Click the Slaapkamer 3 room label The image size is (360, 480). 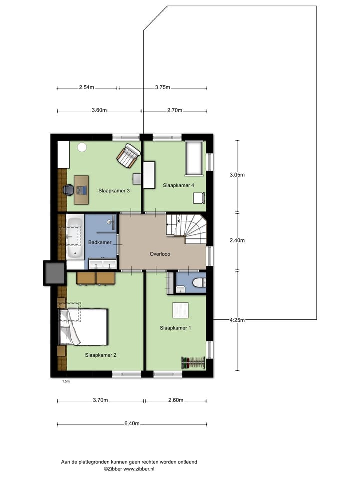[114, 190]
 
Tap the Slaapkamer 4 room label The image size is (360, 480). [178, 185]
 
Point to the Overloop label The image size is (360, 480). [160, 254]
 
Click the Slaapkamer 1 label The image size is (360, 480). [175, 328]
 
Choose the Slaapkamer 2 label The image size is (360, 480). [100, 355]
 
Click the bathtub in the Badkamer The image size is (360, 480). [75, 237]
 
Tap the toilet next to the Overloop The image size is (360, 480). [199, 283]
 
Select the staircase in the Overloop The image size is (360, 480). [185, 228]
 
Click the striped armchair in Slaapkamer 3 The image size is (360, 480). [129, 155]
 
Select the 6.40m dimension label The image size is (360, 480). [132, 424]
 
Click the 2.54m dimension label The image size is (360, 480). [86, 87]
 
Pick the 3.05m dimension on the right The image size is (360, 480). [237, 175]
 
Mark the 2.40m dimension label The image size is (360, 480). [237, 240]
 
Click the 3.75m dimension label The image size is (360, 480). [162, 87]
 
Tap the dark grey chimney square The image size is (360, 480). [54, 273]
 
